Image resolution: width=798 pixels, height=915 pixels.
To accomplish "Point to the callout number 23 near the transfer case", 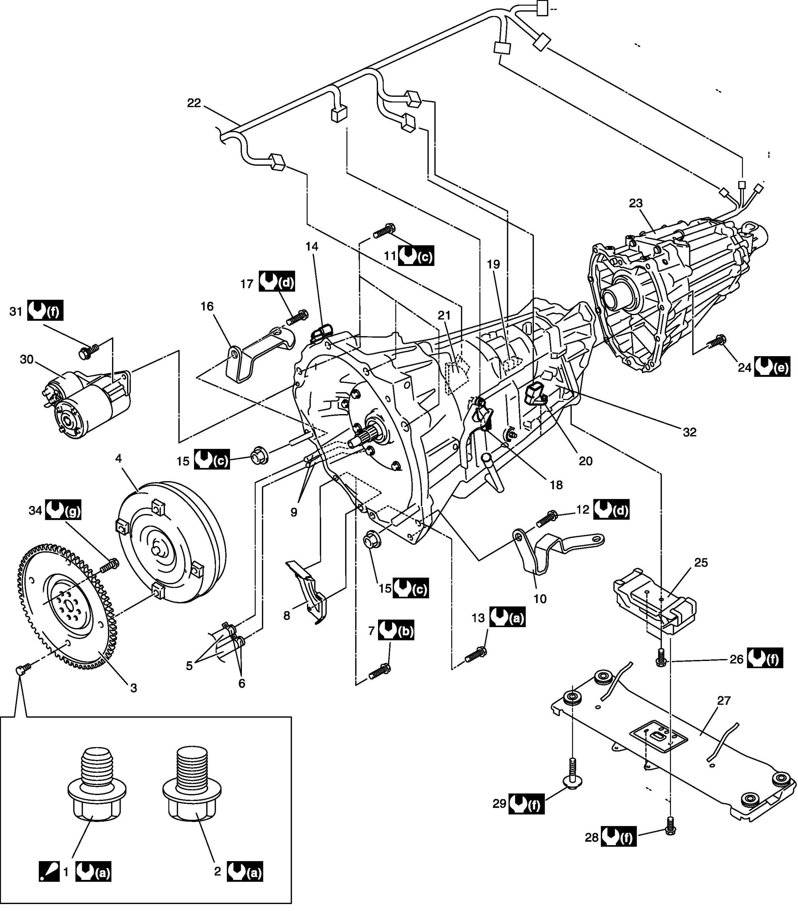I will [636, 203].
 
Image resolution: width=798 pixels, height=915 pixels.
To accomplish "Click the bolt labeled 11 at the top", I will [384, 231].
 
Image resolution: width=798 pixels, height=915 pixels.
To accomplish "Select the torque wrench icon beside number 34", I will [63, 510].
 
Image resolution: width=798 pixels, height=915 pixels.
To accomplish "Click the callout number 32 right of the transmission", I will [689, 432].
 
